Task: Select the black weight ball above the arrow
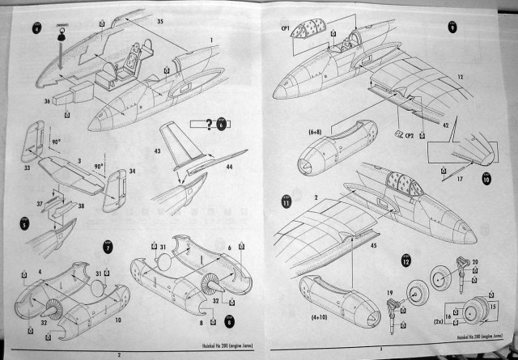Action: (x=60, y=29)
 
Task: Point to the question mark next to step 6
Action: (x=210, y=123)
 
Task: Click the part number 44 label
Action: (x=229, y=166)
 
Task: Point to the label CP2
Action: (x=409, y=137)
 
